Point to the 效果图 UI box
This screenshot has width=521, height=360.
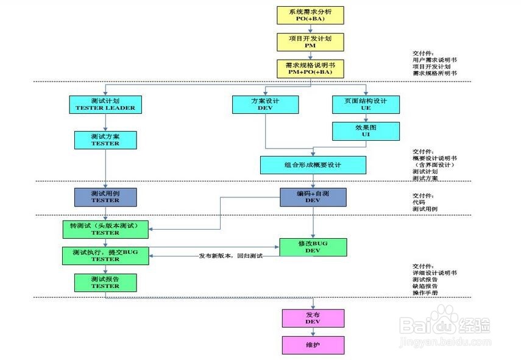[366, 131]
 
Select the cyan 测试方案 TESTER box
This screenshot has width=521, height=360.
[105, 139]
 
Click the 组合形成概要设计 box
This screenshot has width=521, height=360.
[313, 165]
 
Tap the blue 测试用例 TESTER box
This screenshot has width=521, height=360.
[105, 196]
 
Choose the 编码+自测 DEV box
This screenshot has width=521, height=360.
[313, 196]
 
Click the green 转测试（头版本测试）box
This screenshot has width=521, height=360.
[105, 229]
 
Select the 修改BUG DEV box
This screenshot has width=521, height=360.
[313, 247]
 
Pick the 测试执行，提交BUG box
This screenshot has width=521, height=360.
[105, 255]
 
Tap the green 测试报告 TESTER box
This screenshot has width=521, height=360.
[105, 282]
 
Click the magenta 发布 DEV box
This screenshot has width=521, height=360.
[313, 318]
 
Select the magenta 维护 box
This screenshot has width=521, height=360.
[313, 345]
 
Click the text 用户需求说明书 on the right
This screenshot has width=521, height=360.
[434, 60]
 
